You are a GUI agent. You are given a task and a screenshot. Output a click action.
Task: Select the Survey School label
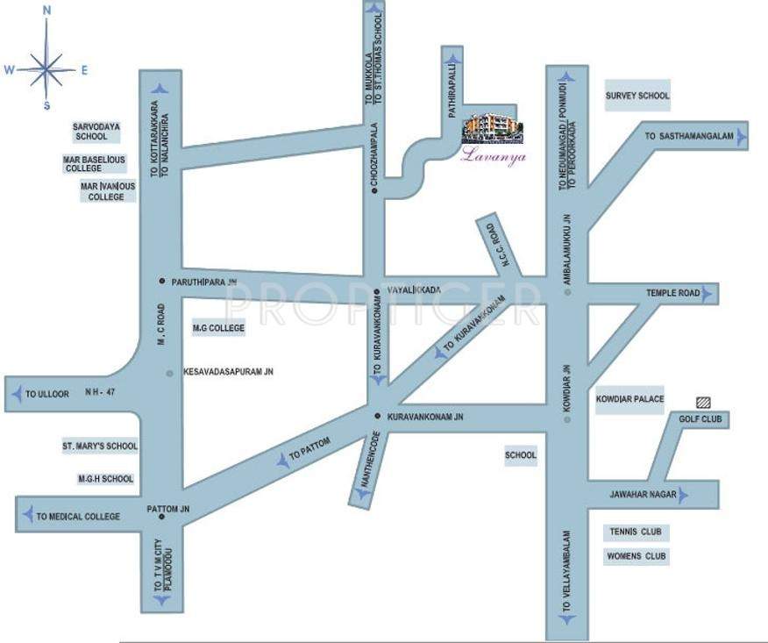[x=637, y=96]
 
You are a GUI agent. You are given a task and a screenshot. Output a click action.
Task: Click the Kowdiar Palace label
[x=630, y=399]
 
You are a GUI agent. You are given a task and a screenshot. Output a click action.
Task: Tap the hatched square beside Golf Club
[x=703, y=402]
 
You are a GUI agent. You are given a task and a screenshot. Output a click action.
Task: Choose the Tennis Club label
[x=637, y=532]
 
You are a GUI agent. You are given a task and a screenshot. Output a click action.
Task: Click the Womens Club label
[x=637, y=556]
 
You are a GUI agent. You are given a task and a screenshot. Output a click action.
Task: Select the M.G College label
[x=218, y=329]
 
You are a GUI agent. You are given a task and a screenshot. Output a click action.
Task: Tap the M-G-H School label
[x=105, y=479]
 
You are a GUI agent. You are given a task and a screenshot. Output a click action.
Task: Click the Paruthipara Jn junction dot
[x=161, y=281]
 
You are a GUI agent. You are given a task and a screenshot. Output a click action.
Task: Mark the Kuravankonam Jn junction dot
[x=377, y=415]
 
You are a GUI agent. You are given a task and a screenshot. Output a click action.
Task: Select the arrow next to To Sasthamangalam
[x=742, y=137]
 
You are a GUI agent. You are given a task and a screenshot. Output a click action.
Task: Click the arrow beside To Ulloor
[x=17, y=395]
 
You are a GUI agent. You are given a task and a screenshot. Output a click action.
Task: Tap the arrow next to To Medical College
[x=27, y=516]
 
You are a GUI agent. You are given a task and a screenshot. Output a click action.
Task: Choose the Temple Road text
[x=673, y=293]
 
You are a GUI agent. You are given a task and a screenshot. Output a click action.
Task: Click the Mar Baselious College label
[x=95, y=164]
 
